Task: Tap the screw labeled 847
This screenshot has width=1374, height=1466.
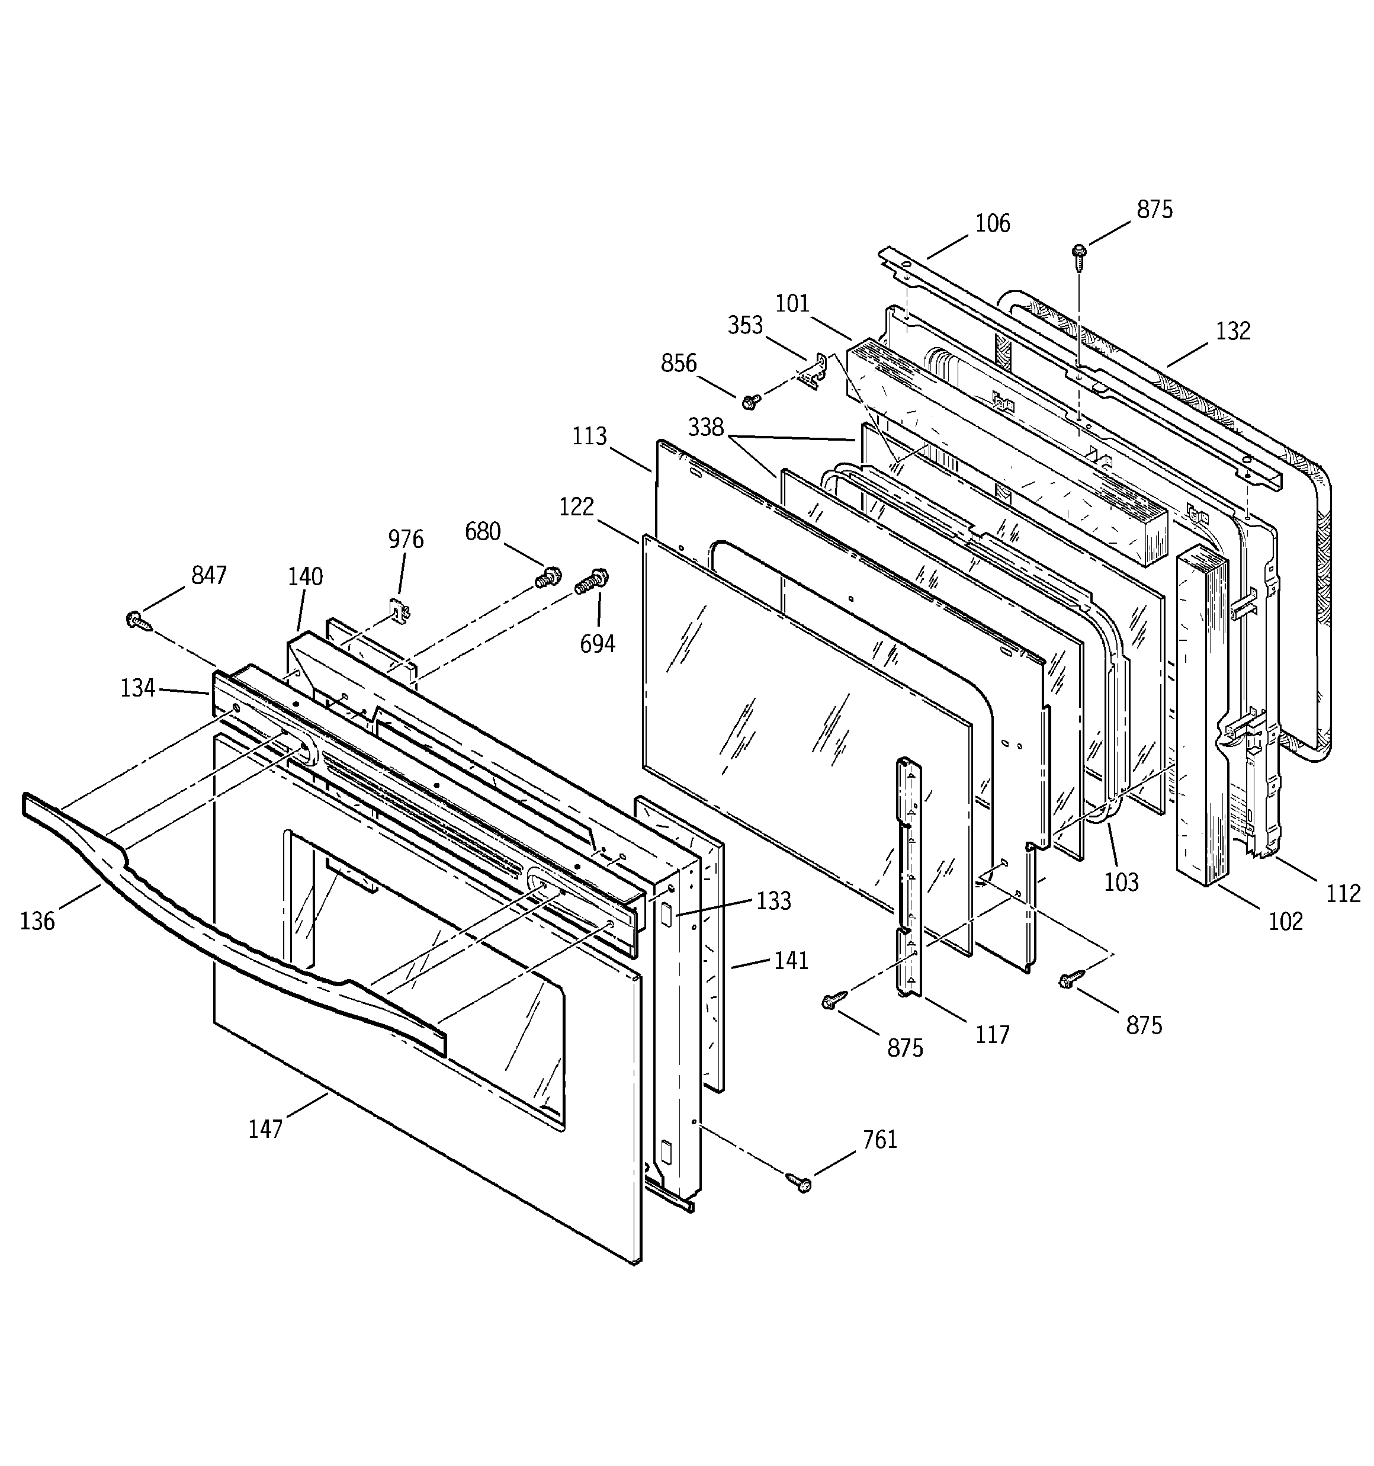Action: pos(139,620)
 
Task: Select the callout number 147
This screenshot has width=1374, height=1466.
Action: pos(265,1129)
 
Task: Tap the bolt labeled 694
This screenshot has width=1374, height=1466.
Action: pos(590,580)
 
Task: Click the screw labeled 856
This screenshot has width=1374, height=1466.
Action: pos(751,401)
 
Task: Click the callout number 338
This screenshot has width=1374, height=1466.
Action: pos(706,427)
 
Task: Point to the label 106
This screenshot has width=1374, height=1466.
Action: pos(993,223)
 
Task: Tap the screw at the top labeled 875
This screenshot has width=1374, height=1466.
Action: pos(1078,259)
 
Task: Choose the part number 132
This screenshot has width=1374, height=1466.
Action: pos(1233,331)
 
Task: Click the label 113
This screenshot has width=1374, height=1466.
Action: pos(589,437)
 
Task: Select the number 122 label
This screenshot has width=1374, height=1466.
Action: pos(576,508)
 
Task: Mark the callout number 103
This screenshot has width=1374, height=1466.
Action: pos(1121,882)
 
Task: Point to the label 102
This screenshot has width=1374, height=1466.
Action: pos(1286,921)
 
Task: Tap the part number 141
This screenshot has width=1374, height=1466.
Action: pos(791,961)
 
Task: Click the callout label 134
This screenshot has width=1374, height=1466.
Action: pos(138,689)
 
